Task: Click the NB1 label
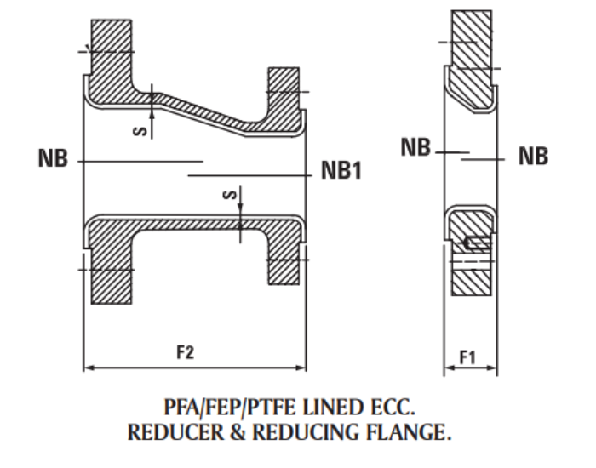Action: click(342, 171)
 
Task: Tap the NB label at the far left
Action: click(53, 159)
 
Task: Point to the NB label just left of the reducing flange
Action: click(416, 149)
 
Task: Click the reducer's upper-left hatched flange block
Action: click(110, 43)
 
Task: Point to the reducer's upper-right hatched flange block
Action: click(284, 89)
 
